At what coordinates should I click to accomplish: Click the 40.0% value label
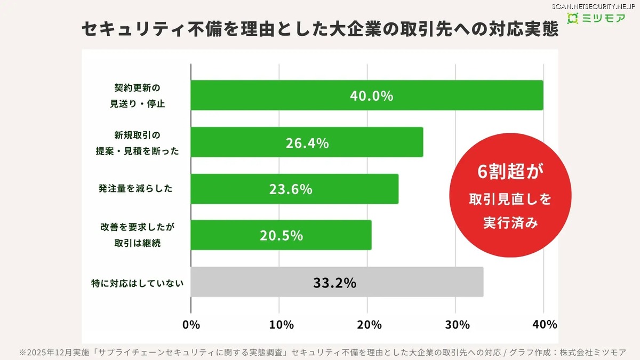click(x=371, y=96)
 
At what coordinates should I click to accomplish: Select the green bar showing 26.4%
click(x=307, y=142)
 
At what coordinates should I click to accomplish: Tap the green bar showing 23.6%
click(x=294, y=189)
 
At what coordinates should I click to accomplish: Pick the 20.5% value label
click(x=281, y=235)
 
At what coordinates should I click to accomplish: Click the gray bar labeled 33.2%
click(x=337, y=282)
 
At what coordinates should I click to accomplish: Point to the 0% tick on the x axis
click(x=191, y=324)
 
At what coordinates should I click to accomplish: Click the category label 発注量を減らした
click(x=135, y=189)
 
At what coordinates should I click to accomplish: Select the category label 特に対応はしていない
click(x=137, y=283)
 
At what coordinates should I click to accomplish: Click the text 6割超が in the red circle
click(x=510, y=173)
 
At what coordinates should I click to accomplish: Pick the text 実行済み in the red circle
click(x=510, y=222)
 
